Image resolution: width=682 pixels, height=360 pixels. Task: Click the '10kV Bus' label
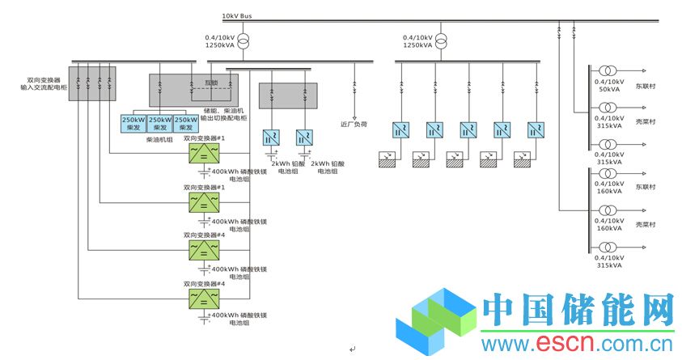click(x=236, y=15)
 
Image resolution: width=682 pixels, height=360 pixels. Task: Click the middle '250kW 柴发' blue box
click(x=160, y=123)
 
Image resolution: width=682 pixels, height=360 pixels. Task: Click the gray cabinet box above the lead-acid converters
click(x=287, y=95)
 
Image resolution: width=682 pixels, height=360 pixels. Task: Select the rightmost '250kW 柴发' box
click(x=187, y=123)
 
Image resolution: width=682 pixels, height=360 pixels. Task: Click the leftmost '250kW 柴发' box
click(x=133, y=123)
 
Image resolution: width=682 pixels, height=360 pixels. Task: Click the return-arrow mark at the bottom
click(x=352, y=349)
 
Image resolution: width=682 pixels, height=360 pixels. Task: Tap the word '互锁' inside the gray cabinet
click(x=210, y=82)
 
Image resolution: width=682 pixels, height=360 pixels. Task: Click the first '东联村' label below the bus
click(x=645, y=85)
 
